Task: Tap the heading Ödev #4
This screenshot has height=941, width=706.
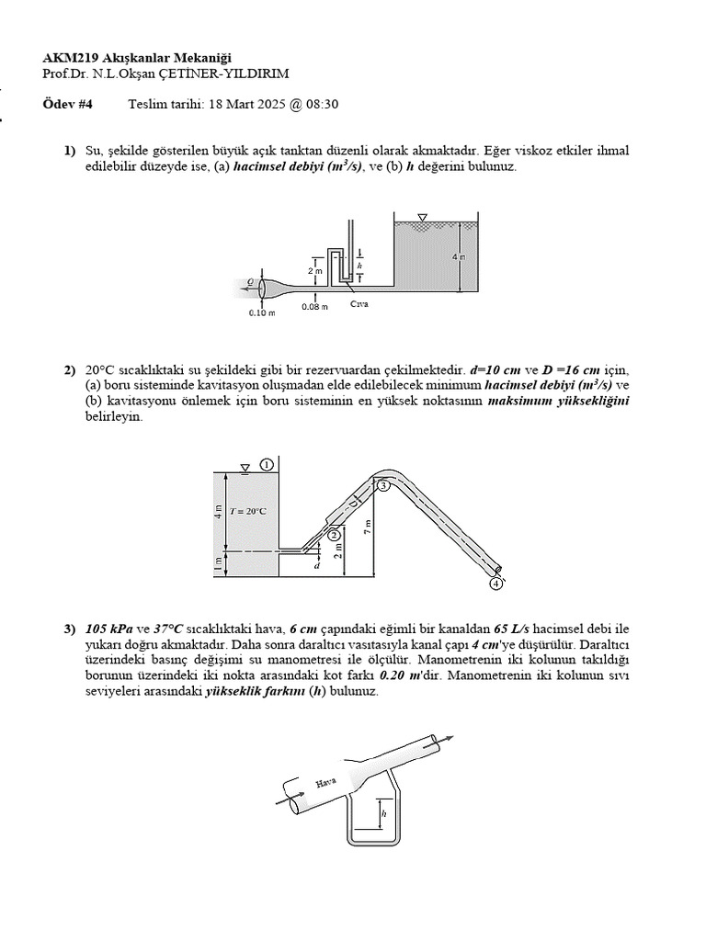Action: click(x=63, y=104)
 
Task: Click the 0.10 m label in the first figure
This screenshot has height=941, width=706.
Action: click(x=262, y=312)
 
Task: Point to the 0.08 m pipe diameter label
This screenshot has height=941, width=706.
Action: click(x=314, y=307)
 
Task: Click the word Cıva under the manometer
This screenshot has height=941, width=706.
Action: click(x=359, y=304)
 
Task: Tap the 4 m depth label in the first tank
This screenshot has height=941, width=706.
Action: click(x=459, y=256)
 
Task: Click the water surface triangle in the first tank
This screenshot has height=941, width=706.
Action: click(x=422, y=218)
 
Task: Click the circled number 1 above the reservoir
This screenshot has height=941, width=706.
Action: click(x=266, y=465)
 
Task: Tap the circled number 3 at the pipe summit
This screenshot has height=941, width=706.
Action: click(x=383, y=486)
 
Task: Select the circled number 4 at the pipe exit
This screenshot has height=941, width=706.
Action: click(x=496, y=583)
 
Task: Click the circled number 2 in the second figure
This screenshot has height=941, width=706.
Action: click(x=334, y=534)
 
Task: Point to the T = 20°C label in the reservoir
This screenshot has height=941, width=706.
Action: click(x=248, y=511)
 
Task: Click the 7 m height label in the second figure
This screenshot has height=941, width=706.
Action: click(x=367, y=527)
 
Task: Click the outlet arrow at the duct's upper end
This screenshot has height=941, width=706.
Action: click(x=445, y=736)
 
